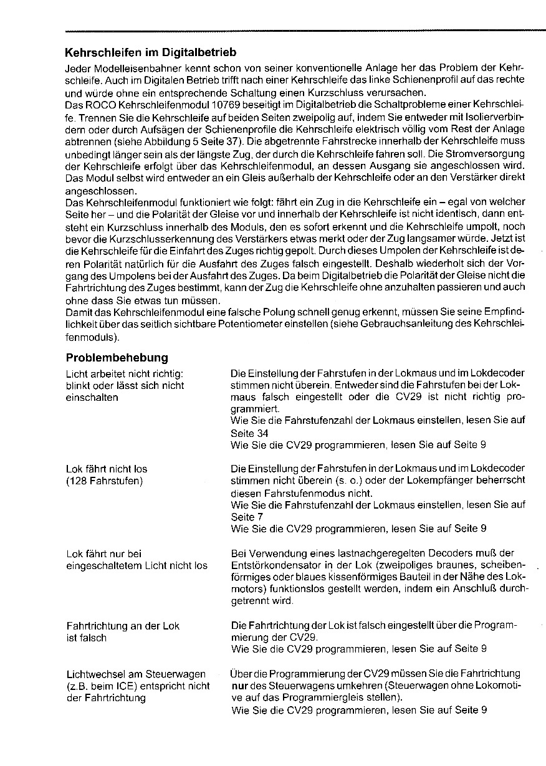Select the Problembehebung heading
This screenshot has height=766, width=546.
pyautogui.click(x=117, y=358)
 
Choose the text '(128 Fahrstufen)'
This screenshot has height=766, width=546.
pyautogui.click(x=104, y=481)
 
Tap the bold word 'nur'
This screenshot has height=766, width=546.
pyautogui.click(x=238, y=686)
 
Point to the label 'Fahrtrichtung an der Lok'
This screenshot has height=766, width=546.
pyautogui.click(x=123, y=626)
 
